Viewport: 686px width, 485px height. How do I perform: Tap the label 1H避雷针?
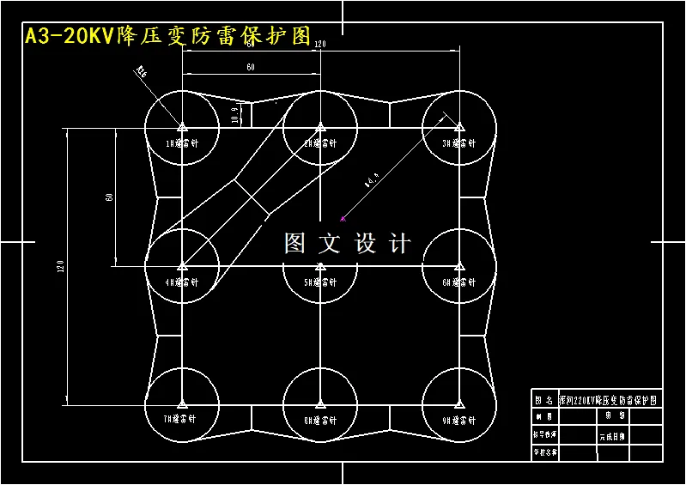[x=182, y=143]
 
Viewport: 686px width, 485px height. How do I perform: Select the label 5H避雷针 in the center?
[x=319, y=282]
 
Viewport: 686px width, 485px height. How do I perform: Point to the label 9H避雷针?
[x=458, y=421]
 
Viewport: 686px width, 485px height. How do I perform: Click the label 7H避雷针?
[x=182, y=421]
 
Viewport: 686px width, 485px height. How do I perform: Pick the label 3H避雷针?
[x=458, y=143]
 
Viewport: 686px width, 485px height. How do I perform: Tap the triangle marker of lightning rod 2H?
[x=320, y=127]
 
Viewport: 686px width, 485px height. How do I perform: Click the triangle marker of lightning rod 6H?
[x=459, y=266]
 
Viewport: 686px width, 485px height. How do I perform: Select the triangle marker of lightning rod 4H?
[x=182, y=266]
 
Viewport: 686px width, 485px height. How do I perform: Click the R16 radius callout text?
[x=141, y=74]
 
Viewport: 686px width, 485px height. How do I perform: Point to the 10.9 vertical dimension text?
[x=235, y=114]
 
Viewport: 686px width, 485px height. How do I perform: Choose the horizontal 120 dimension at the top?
[x=320, y=44]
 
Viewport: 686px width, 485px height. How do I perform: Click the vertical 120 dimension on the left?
[x=61, y=267]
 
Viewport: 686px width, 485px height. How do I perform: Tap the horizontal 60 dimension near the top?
[x=251, y=67]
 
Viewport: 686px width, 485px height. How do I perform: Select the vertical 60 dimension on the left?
[x=109, y=197]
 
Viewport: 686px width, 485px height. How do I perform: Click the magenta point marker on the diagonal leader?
[x=342, y=217]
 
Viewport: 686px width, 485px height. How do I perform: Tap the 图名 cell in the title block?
[x=544, y=399]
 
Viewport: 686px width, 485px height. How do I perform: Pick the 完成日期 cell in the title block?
[x=613, y=436]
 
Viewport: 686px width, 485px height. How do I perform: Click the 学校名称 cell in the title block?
[x=545, y=452]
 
